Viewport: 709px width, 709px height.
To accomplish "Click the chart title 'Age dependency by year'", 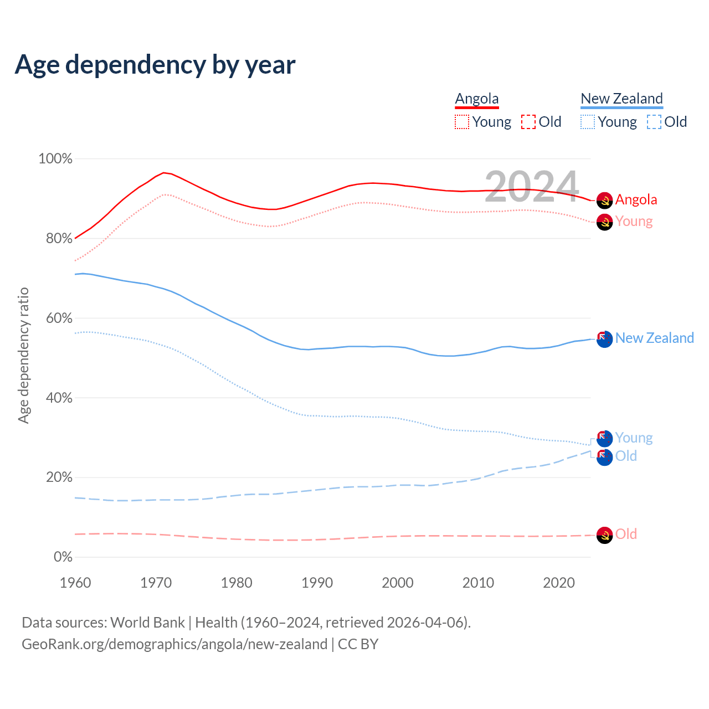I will click(x=155, y=65).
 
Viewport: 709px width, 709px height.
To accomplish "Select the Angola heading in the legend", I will click(x=477, y=99).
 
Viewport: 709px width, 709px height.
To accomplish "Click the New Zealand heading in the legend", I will click(x=621, y=99).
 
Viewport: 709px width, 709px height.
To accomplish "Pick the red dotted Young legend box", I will click(x=462, y=122).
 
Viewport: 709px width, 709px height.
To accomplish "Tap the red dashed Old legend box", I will click(x=528, y=122).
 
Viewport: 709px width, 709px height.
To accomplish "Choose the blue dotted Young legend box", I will click(x=588, y=122).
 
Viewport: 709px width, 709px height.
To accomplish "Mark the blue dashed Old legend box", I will click(x=654, y=122).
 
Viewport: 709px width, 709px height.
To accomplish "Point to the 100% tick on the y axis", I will click(x=55, y=159).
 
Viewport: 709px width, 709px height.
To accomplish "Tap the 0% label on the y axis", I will click(x=63, y=557).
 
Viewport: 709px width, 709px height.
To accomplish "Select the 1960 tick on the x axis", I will click(x=75, y=583).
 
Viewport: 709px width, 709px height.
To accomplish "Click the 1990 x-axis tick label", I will click(x=317, y=583).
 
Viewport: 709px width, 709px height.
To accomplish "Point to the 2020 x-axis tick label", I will click(x=559, y=583).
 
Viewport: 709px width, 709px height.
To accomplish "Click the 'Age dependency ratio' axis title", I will click(x=23, y=355).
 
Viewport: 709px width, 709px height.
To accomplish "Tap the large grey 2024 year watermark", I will click(x=532, y=187).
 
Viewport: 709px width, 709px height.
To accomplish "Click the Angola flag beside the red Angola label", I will click(x=604, y=201).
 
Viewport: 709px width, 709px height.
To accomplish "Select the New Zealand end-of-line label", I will click(x=654, y=338).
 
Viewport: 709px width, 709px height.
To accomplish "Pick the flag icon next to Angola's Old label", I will click(x=604, y=535).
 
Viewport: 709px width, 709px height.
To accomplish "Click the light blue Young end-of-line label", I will click(x=634, y=438).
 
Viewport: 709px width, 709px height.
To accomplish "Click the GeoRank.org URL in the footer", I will click(x=174, y=644).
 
